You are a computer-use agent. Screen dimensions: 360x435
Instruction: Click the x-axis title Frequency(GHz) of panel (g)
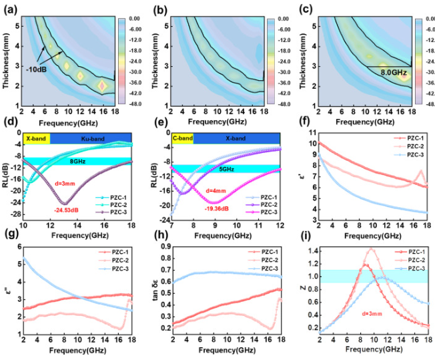pos(80,351)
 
